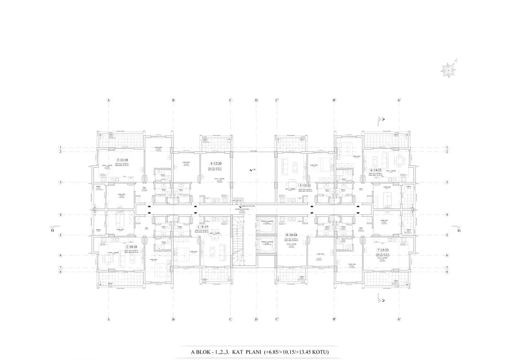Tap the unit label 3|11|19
tap(121, 160)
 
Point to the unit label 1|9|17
tap(202, 227)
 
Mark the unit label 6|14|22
tap(377, 170)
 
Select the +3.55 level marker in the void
tap(252, 170)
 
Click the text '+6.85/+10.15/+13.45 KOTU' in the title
tap(296, 352)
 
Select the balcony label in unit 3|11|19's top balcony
tap(111, 135)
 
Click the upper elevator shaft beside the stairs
tap(265, 226)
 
